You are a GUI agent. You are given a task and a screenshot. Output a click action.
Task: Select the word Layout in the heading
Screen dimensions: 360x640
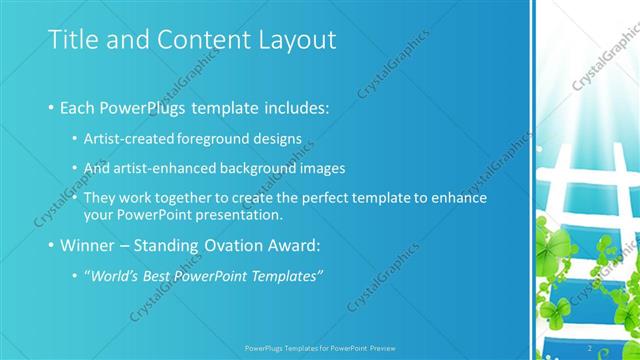298,40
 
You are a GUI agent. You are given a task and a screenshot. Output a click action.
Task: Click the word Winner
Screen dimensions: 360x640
89,244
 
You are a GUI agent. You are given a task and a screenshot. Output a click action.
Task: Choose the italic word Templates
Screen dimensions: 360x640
289,275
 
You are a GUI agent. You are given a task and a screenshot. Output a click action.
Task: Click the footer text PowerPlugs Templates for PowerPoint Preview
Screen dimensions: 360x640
319,348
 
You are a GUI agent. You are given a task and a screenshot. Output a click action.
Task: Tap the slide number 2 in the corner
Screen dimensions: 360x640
590,348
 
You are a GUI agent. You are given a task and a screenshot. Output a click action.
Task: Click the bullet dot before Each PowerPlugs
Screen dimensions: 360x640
51,107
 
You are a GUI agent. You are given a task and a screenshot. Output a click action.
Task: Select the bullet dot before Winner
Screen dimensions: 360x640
51,245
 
